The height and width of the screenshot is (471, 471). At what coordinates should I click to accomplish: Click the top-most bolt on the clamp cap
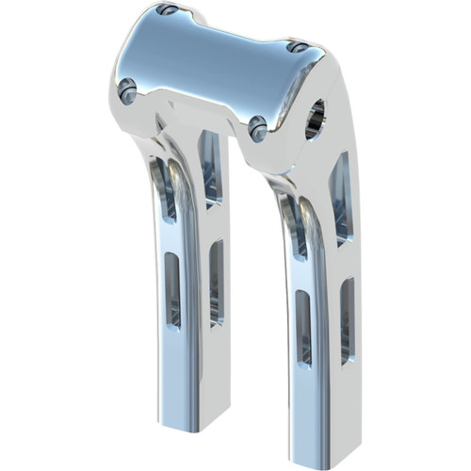point(168,10)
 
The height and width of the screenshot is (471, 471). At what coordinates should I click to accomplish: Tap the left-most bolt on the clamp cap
point(127,90)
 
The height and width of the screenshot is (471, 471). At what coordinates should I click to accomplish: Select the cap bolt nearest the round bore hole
point(297,46)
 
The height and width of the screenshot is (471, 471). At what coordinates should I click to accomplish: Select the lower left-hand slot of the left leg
point(173,288)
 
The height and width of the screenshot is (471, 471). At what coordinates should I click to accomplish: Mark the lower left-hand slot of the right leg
point(303,326)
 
